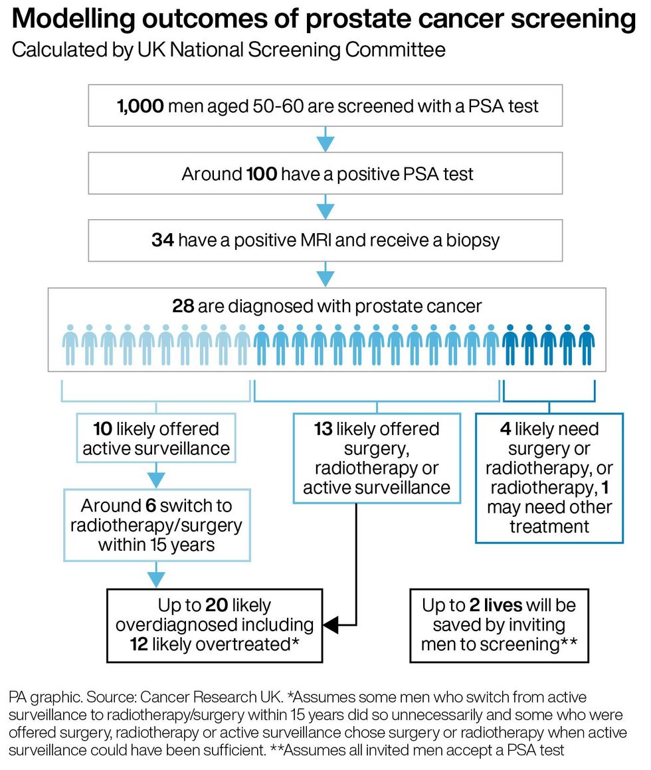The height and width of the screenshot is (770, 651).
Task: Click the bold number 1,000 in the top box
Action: tap(140, 106)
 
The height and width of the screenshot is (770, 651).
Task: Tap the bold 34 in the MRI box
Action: tap(163, 240)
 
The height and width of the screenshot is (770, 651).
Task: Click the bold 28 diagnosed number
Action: tap(183, 306)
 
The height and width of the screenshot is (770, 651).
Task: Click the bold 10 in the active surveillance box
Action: tap(102, 429)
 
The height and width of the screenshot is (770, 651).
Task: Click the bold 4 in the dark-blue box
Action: tap(505, 429)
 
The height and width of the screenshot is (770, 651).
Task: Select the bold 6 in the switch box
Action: tap(151, 506)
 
